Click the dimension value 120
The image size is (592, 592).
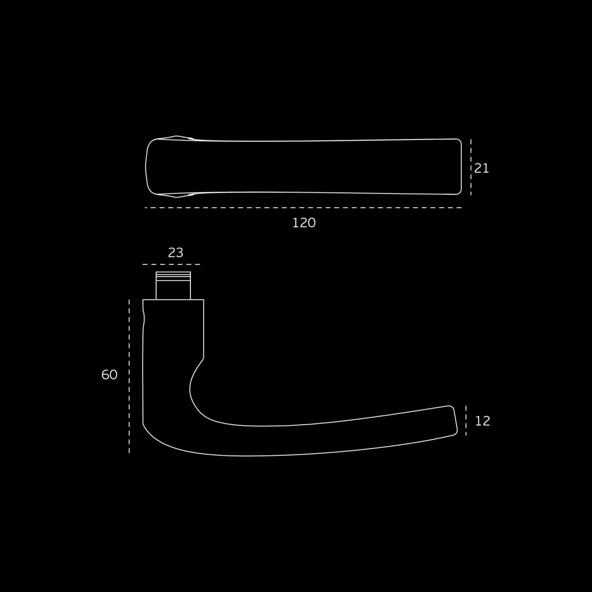click(x=304, y=223)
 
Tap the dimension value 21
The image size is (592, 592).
click(x=481, y=168)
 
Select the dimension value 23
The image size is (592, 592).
click(x=176, y=253)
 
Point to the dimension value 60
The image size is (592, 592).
click(x=110, y=374)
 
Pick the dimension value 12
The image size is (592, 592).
click(x=482, y=421)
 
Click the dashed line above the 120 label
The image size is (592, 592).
click(x=303, y=208)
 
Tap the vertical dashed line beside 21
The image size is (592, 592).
click(x=471, y=167)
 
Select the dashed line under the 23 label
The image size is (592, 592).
click(x=171, y=264)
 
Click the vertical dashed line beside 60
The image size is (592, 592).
click(x=129, y=376)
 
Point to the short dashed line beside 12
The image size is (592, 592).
click(x=466, y=420)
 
